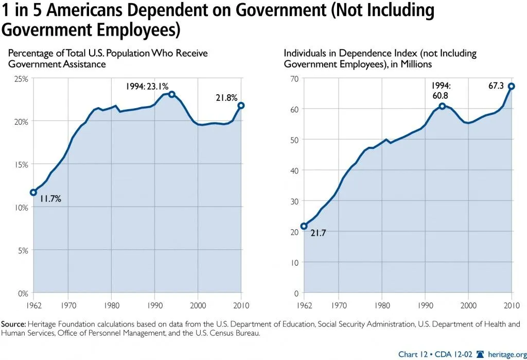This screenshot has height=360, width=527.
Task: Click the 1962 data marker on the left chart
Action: [x=33, y=192]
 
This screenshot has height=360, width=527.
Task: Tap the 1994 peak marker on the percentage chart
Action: [x=172, y=94]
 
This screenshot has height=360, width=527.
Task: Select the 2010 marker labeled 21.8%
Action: [x=241, y=106]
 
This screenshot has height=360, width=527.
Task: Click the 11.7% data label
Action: [x=50, y=199]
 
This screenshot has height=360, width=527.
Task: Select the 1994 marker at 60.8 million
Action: [x=442, y=106]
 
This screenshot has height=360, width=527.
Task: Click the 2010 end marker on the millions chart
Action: [x=512, y=87]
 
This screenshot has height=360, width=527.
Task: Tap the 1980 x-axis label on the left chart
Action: [x=111, y=305]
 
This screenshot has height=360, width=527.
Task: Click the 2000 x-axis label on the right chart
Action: [x=468, y=305]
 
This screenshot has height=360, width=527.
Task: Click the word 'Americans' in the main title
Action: [x=76, y=10]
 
